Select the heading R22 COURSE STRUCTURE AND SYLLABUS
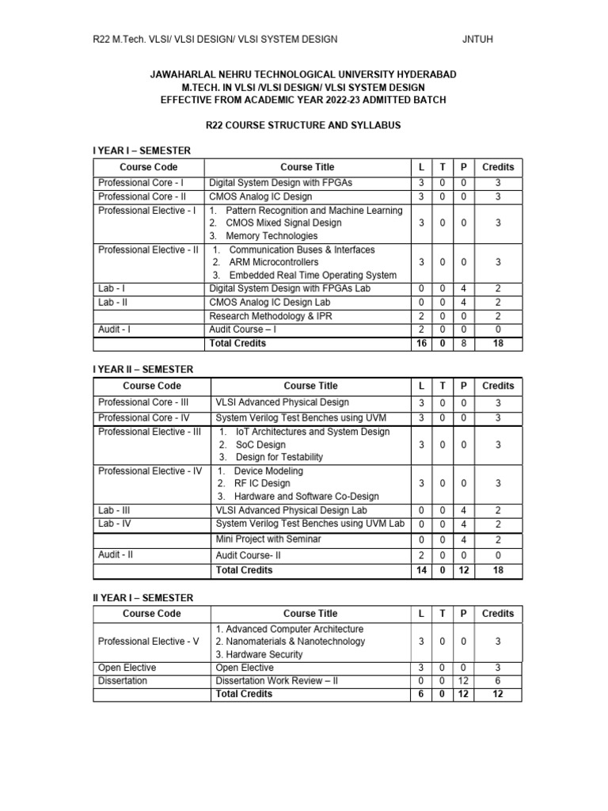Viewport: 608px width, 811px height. tap(303, 125)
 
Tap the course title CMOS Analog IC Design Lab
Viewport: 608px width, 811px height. tap(268, 302)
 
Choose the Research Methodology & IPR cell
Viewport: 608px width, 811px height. tap(260, 315)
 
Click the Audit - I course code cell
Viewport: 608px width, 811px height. tap(114, 329)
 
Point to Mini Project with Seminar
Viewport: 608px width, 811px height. tap(268, 539)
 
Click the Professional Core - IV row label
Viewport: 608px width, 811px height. tap(144, 417)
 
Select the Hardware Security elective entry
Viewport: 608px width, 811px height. tap(259, 654)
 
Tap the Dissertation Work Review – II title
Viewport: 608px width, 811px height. tap(277, 680)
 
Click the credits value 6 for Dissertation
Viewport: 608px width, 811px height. tap(497, 680)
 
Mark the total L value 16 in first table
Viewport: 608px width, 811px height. tap(421, 344)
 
